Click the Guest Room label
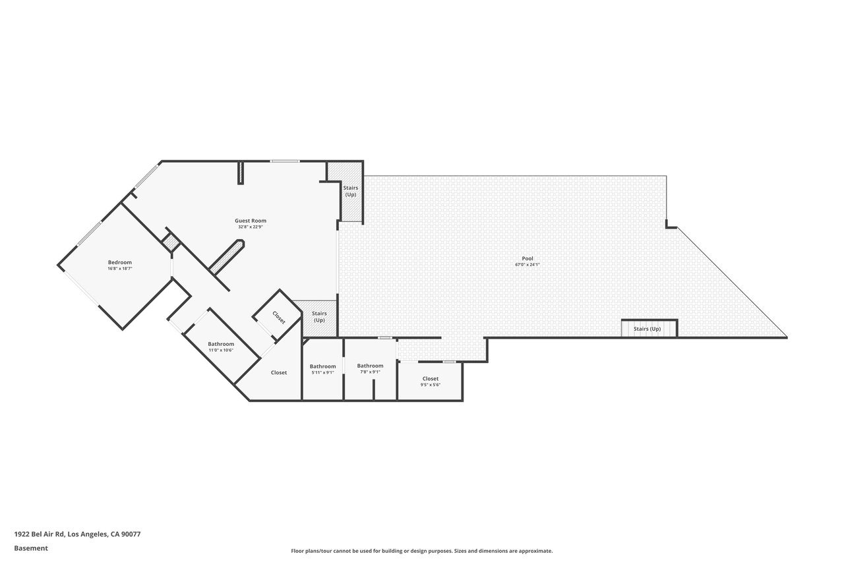tap(251, 221)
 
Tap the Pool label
tap(527, 259)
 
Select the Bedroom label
tap(120, 262)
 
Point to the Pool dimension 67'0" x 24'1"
tap(527, 265)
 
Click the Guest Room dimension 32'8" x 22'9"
tap(251, 227)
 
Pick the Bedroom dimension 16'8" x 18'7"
tap(120, 268)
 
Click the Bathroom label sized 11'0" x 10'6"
tap(221, 344)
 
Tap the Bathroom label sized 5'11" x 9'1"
tap(323, 366)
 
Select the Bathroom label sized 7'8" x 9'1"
tap(371, 366)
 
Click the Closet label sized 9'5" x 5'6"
tap(431, 379)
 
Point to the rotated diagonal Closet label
tap(279, 318)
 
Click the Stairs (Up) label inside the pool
tap(647, 329)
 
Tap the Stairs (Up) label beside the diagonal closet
tap(319, 316)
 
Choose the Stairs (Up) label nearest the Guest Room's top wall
tap(351, 191)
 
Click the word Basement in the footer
tap(31, 548)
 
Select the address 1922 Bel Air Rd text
tap(40, 534)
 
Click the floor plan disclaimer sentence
tap(421, 551)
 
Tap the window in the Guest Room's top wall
tap(285, 161)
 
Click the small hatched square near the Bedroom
tap(171, 243)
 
